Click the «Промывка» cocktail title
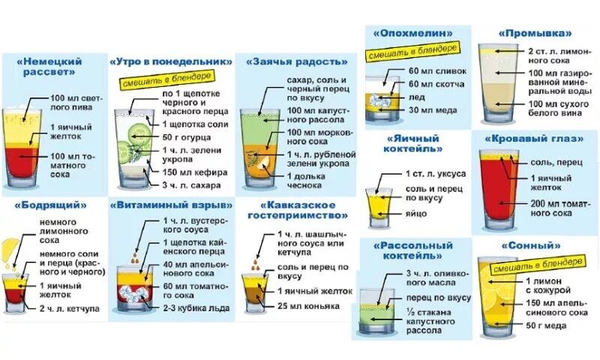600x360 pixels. tap(535, 33)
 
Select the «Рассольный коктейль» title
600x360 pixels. tap(409, 250)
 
